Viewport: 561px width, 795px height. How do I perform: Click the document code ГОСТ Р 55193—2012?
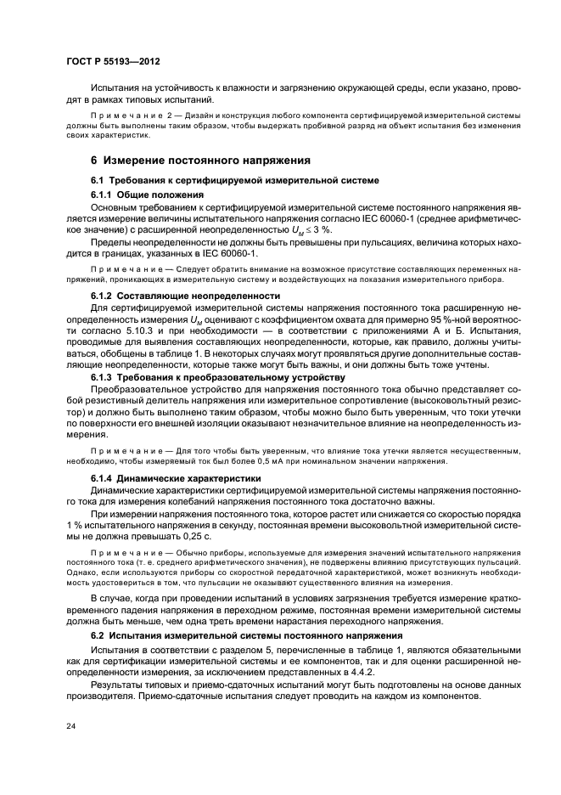coord(113,63)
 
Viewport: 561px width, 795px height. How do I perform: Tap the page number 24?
coord(70,726)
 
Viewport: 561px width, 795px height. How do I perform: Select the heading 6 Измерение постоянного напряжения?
coord(200,160)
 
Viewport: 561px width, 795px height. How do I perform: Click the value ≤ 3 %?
coord(319,229)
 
